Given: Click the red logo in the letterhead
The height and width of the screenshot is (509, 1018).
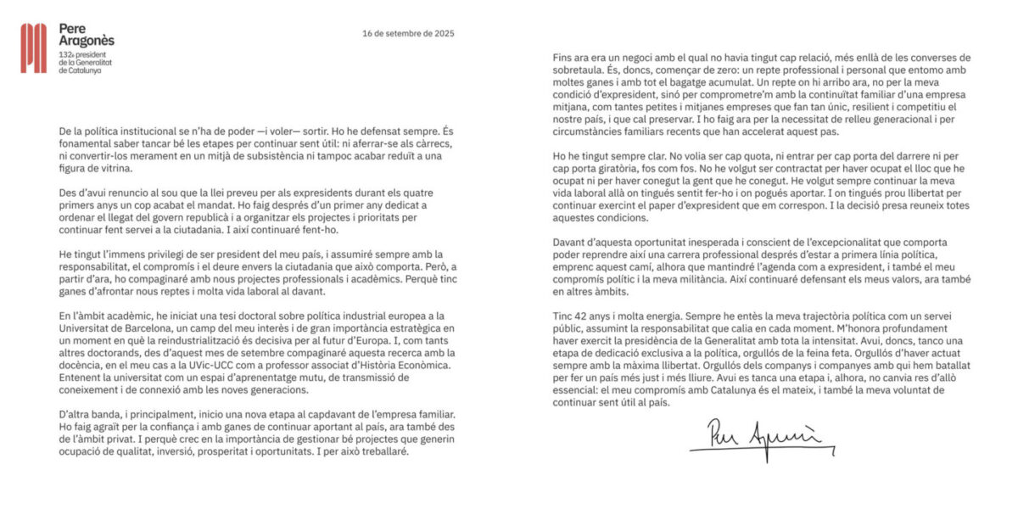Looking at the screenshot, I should (34, 48).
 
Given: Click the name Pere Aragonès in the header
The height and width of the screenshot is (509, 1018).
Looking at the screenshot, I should (87, 34).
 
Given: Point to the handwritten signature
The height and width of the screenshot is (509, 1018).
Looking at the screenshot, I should (756, 438).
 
